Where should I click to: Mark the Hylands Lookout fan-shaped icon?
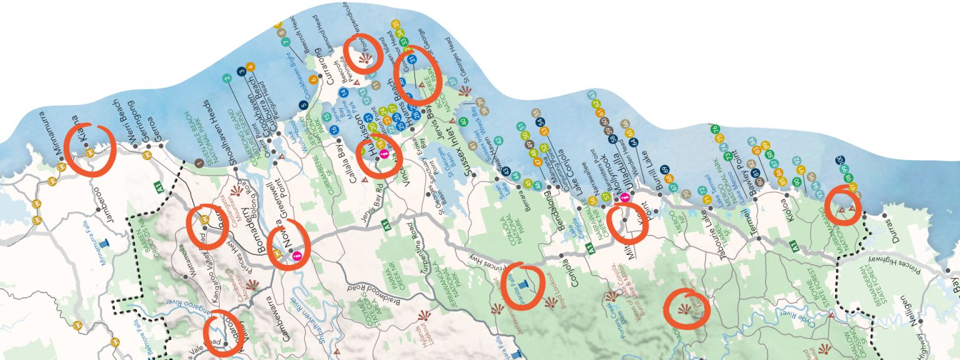(x=424, y=314)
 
